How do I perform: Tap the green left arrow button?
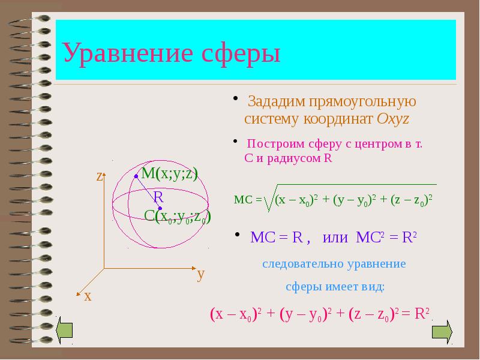[x=64, y=331]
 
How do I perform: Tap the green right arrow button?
[x=442, y=331]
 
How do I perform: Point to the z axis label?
[x=100, y=176]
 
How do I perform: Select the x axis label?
[x=88, y=296]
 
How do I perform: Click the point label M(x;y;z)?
[x=169, y=173]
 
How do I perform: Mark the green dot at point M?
[x=136, y=176]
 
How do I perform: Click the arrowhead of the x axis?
[x=78, y=294]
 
